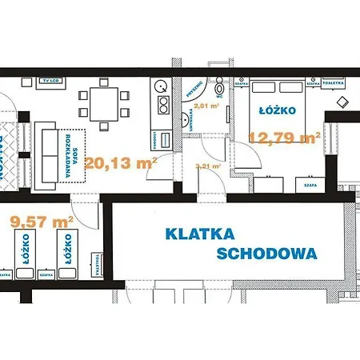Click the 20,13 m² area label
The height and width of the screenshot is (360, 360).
coord(121,164)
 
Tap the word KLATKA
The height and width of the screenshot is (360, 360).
coord(199,234)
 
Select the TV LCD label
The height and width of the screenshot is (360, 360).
coord(54,81)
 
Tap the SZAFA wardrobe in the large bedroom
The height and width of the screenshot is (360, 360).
coord(311,185)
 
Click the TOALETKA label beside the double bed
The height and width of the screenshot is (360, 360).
coord(335,81)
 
